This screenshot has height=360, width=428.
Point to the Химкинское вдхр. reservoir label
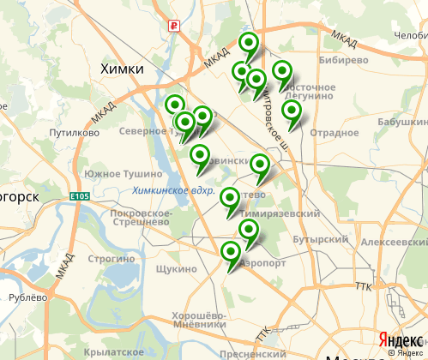(x=173, y=192)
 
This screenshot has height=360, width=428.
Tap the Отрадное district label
(x=334, y=132)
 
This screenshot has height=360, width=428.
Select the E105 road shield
(x=81, y=198)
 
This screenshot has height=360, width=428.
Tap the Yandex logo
(x=399, y=340)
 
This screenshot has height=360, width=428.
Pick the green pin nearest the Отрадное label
(x=292, y=111)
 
